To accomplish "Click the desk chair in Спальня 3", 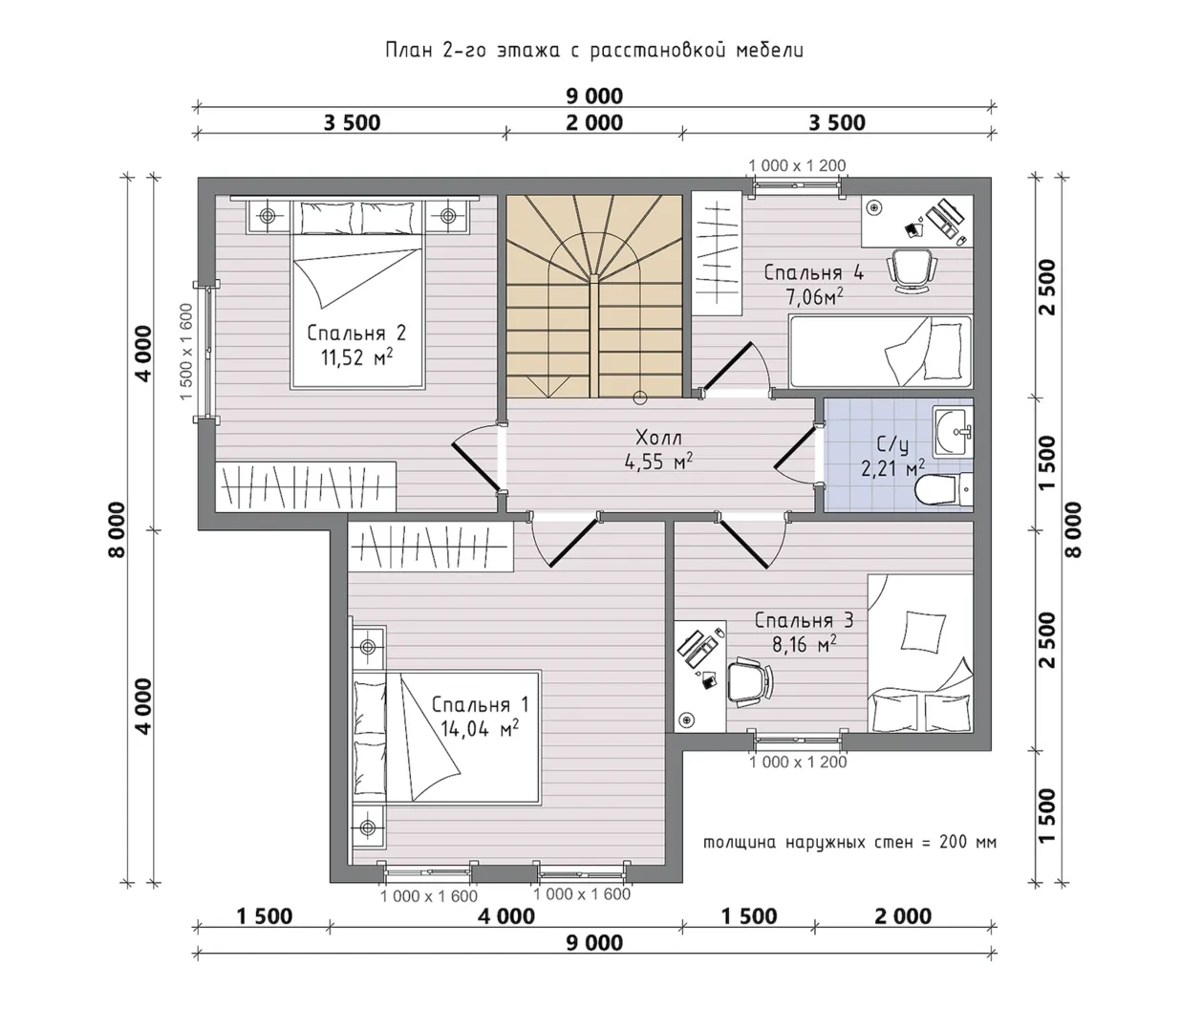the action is tap(750, 681).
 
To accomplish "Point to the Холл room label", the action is tap(658, 438).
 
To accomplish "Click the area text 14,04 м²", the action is tap(480, 729).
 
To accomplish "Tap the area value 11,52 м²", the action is tap(356, 357).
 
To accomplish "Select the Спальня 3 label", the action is tap(804, 620).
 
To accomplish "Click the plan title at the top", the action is tap(594, 51).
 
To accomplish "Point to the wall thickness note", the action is tap(849, 842).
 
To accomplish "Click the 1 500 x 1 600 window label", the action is tap(186, 352).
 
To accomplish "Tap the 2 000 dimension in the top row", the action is tap(594, 122).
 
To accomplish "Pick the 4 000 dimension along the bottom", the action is tap(506, 916).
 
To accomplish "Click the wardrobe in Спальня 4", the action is tap(717, 253).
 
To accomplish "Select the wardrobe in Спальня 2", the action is tap(306, 486).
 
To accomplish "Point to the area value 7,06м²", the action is tap(814, 296).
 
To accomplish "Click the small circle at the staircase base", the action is tap(639, 398).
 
